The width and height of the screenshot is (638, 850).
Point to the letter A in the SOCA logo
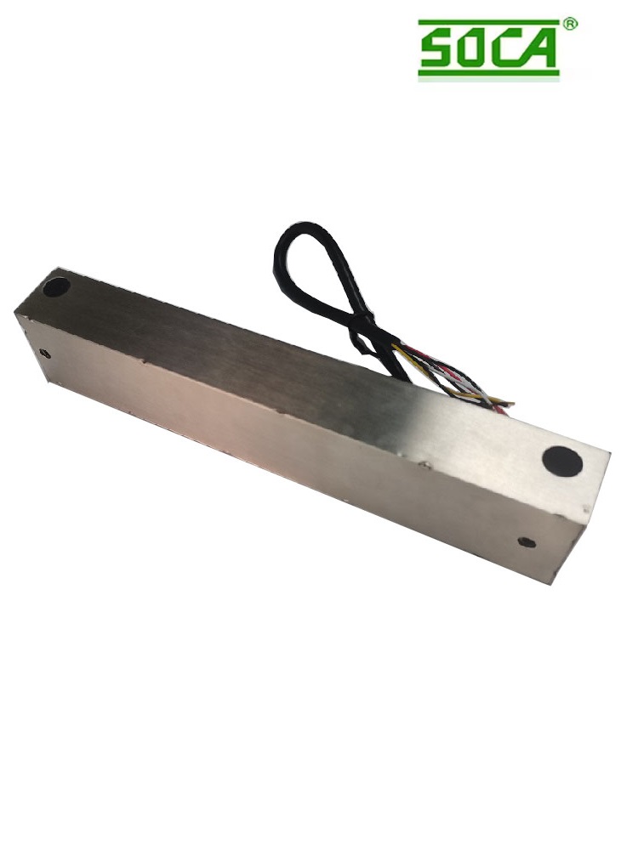(x=538, y=48)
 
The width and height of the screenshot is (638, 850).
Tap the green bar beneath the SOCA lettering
(x=488, y=71)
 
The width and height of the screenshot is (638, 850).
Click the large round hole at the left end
(x=57, y=287)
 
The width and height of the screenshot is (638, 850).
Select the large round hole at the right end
(x=562, y=460)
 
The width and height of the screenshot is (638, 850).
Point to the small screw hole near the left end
(x=46, y=354)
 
